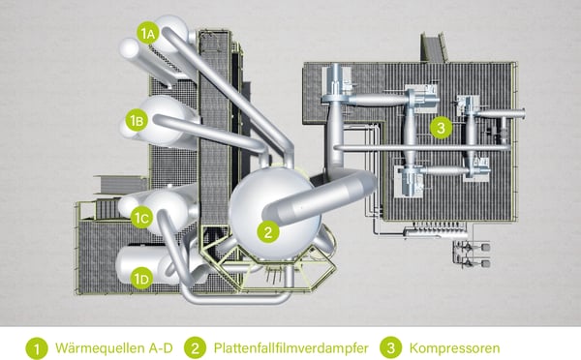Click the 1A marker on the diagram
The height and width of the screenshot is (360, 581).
point(147,34)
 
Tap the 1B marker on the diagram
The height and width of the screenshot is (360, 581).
point(138,121)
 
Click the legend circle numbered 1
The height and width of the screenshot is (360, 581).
point(37,345)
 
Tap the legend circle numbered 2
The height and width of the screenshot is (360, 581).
point(196,345)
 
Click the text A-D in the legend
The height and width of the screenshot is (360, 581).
point(161,345)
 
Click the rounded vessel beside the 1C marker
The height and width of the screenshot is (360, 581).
point(165,206)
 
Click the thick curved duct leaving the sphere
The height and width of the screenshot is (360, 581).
point(329,194)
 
